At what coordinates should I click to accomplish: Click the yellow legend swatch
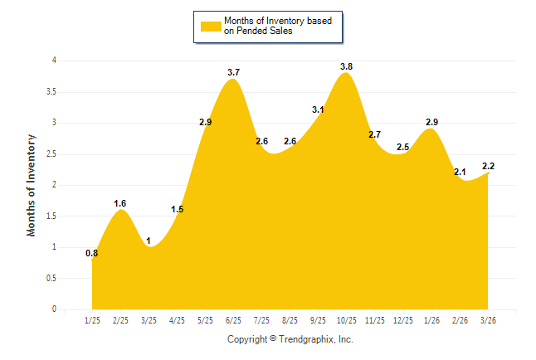coord(211,26)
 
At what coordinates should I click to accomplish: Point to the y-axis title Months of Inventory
coord(32,184)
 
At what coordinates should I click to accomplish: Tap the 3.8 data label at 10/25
coord(346,66)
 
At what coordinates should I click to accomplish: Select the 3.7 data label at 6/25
coord(233,73)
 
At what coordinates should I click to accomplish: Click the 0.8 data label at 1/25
coord(92,253)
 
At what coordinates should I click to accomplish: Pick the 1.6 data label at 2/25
coord(120,203)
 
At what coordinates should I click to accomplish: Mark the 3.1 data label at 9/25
coord(318,109)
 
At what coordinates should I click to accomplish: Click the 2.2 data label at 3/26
coord(488,166)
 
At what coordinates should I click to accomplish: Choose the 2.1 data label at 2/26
coord(460,172)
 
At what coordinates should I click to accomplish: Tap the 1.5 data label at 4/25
coord(177,209)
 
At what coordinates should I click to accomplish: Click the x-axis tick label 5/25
coord(205,319)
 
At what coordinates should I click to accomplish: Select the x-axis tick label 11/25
coord(374,319)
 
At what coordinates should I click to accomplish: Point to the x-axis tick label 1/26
coord(431,319)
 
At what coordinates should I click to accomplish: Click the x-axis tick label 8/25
coord(290,319)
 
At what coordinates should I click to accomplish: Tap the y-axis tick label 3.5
coord(51,91)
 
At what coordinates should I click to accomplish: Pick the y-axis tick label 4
coord(54,61)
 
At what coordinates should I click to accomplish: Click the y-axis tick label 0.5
coord(51,278)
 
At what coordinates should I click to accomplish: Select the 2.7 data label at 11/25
coord(374,134)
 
